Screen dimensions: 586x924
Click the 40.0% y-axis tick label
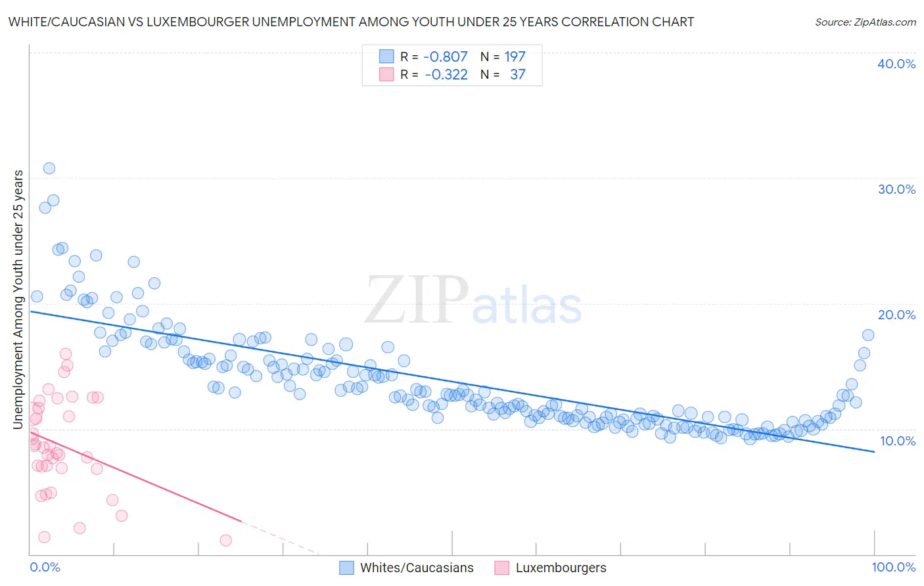(x=896, y=64)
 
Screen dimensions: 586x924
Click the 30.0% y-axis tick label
(x=896, y=189)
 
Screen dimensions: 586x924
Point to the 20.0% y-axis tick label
(x=896, y=315)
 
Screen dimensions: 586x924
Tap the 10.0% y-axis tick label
(x=897, y=441)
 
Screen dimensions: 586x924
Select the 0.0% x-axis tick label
(x=45, y=567)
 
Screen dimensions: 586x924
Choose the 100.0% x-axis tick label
(x=893, y=567)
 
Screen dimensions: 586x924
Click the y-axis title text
(x=18, y=300)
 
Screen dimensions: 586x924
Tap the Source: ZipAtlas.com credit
(x=865, y=22)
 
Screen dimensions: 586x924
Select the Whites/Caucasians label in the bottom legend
(x=417, y=568)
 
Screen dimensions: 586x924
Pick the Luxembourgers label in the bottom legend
(x=561, y=568)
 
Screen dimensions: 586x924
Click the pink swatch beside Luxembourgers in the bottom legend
(x=502, y=568)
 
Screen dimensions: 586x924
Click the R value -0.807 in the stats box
(x=445, y=57)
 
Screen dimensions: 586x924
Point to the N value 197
(x=515, y=57)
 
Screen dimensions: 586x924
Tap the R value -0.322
(x=446, y=75)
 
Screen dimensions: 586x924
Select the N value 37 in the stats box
(x=517, y=75)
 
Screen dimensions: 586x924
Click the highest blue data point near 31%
(x=49, y=168)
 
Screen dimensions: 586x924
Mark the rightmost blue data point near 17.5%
(x=867, y=335)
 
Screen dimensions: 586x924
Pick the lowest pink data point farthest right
(x=225, y=540)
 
